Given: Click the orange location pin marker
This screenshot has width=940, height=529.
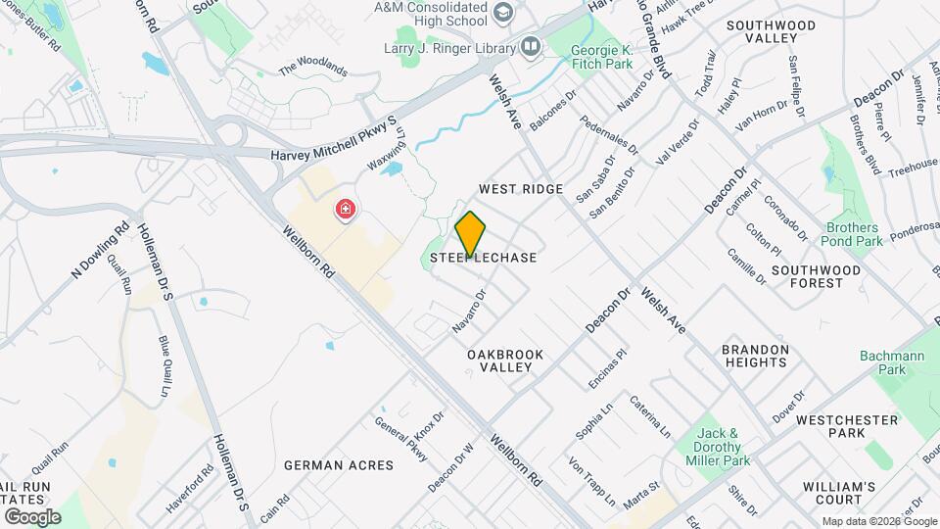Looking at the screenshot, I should [x=471, y=233].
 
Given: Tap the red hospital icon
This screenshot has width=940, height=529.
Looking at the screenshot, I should [x=345, y=210].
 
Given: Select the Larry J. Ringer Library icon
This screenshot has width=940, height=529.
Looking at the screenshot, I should [x=531, y=46].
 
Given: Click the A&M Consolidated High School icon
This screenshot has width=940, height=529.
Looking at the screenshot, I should [x=504, y=12].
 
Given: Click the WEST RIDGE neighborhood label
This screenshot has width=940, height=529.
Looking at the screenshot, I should [x=520, y=188].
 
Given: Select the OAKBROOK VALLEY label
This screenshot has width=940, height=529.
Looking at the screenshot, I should [x=499, y=360].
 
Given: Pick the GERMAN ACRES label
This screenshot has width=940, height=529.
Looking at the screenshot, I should [x=339, y=465].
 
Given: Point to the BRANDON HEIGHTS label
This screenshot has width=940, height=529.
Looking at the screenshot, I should [x=755, y=356].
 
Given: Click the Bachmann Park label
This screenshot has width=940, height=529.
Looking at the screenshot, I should [x=892, y=362].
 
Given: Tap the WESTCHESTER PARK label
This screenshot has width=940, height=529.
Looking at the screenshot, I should [x=846, y=426].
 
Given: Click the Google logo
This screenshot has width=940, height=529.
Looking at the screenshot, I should [x=32, y=516].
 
